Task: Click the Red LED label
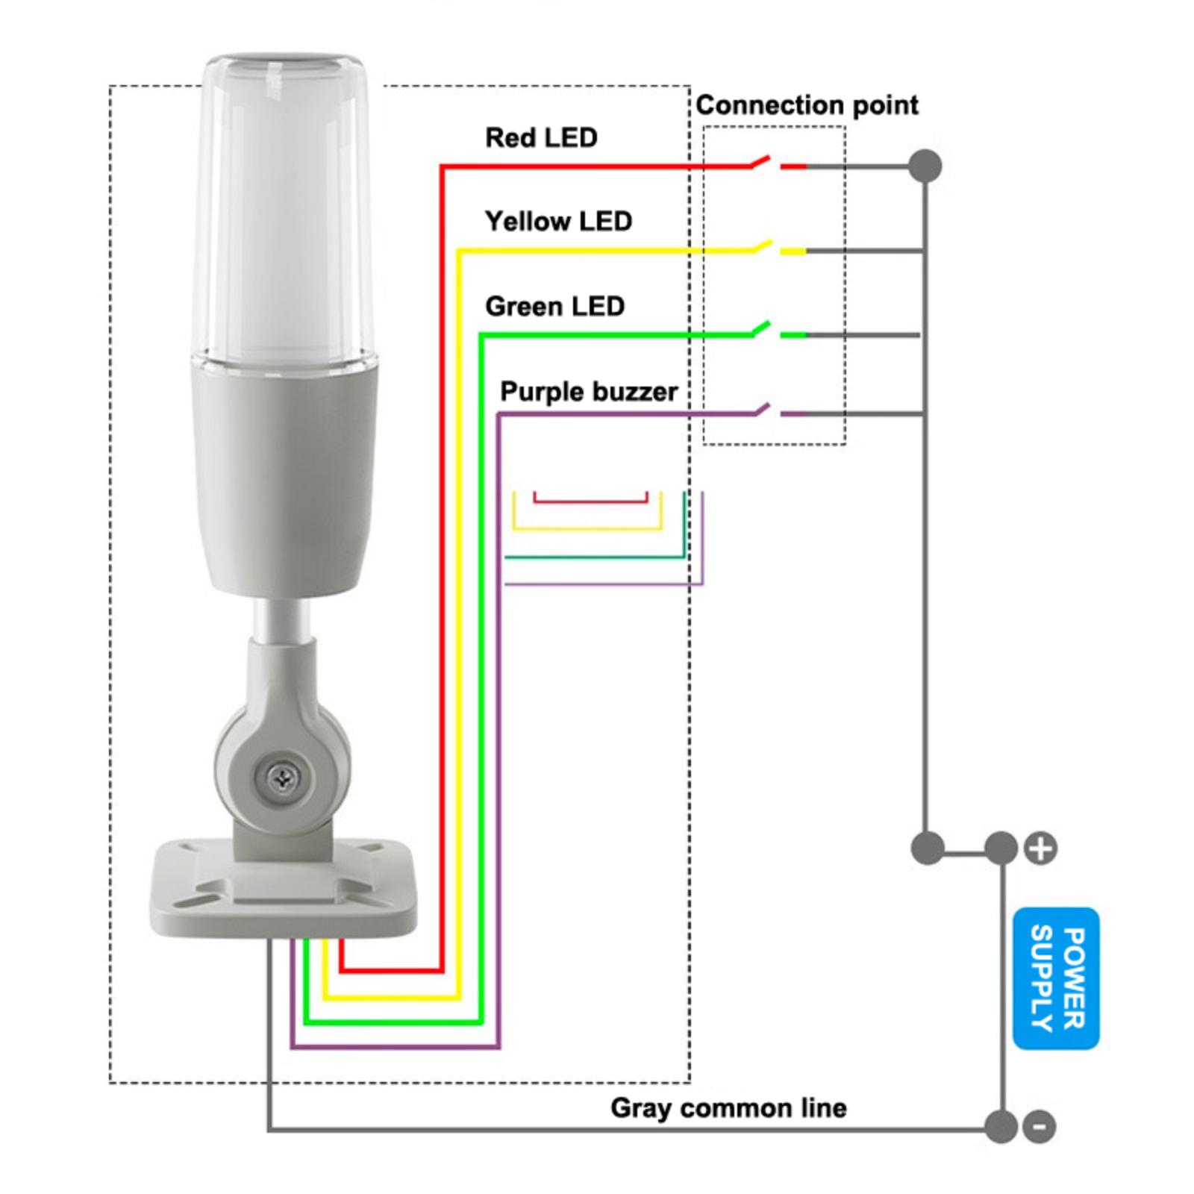pyautogui.click(x=541, y=137)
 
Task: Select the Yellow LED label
pyautogui.click(x=558, y=221)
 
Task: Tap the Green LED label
pyautogui.click(x=554, y=306)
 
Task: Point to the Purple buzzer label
pyautogui.click(x=589, y=392)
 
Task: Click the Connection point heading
pyautogui.click(x=807, y=105)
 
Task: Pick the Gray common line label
pyautogui.click(x=728, y=1107)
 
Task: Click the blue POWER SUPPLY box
pyautogui.click(x=1056, y=978)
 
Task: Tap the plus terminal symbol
pyautogui.click(x=1041, y=848)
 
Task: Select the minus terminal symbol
pyautogui.click(x=1039, y=1126)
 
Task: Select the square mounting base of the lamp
pyautogui.click(x=284, y=888)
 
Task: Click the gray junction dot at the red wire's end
pyautogui.click(x=925, y=166)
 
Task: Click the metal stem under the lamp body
pyautogui.click(x=282, y=619)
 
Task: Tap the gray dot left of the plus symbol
pyautogui.click(x=1001, y=848)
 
